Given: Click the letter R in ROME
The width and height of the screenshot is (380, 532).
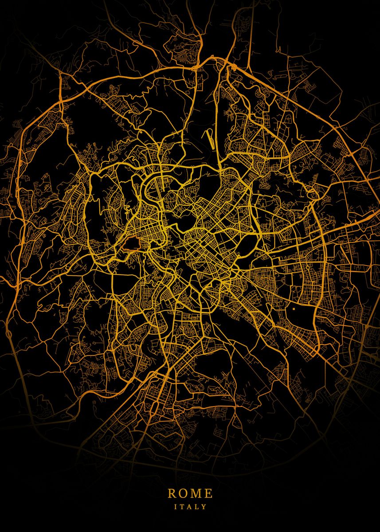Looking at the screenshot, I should (x=172, y=493).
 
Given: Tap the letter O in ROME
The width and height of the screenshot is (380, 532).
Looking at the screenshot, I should (x=184, y=493).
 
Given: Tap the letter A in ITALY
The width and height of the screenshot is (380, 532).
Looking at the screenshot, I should (x=189, y=506).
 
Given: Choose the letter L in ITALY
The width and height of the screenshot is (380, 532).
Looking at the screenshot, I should (x=196, y=506).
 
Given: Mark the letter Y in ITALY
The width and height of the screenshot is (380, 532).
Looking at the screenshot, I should (x=204, y=506).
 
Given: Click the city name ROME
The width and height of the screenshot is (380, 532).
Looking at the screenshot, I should (x=190, y=493).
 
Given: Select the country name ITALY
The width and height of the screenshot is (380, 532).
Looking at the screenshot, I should (x=190, y=506).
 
